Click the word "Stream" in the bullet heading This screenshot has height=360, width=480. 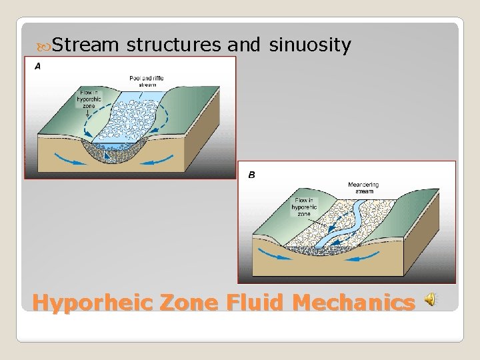(85, 45)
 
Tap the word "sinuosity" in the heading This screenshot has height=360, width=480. (309, 45)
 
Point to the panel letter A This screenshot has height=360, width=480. (37, 65)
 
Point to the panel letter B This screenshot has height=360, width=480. (252, 175)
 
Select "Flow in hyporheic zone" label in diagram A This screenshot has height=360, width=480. (89, 98)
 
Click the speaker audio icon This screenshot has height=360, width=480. (431, 301)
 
